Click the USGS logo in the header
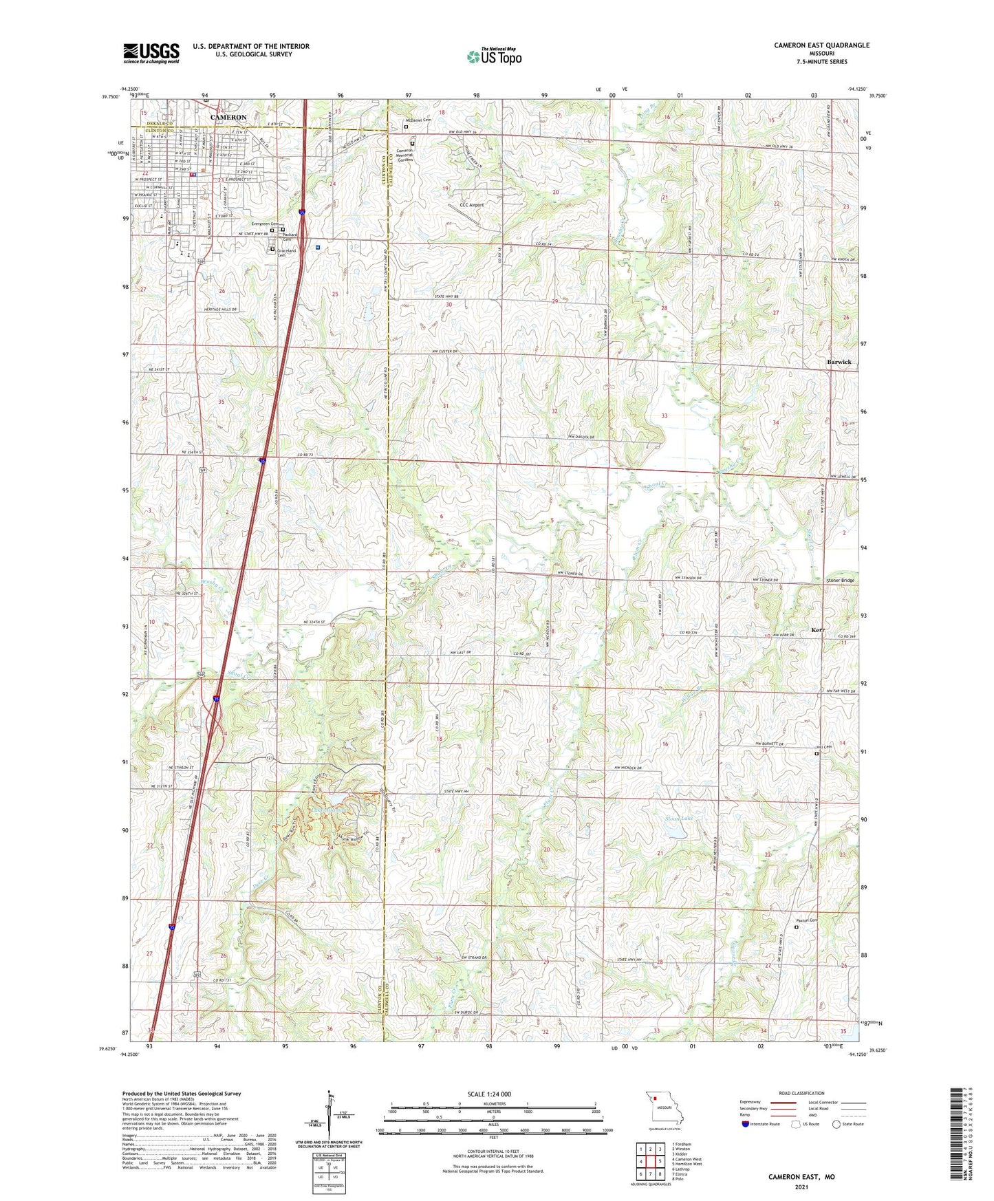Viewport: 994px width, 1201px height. coord(151,53)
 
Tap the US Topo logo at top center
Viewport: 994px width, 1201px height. coord(493,56)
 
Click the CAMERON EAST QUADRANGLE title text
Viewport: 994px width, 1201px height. coord(821,45)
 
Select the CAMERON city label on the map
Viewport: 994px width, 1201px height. coord(228,118)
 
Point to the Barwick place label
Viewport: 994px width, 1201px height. coord(839,362)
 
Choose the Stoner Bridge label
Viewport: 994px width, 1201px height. coord(839,581)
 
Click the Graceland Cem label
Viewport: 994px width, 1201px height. coord(286,252)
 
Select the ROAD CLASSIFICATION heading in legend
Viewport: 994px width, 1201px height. coord(802,1093)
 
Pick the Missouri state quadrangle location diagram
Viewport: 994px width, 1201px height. coord(664,1108)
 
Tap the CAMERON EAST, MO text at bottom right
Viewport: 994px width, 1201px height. coord(801,1177)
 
